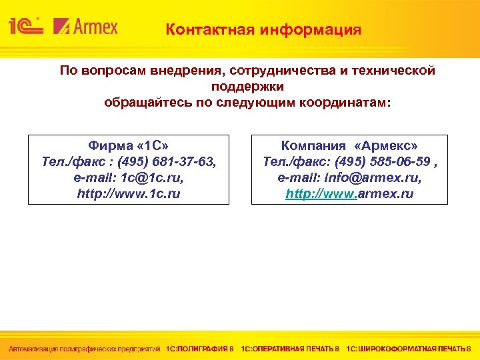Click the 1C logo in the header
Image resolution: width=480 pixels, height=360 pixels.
pyautogui.click(x=26, y=27)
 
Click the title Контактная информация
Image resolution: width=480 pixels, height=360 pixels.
pyautogui.click(x=263, y=30)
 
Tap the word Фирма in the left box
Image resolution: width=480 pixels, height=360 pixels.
pyautogui.click(x=107, y=145)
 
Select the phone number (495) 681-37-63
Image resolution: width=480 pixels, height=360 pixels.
pyautogui.click(x=169, y=161)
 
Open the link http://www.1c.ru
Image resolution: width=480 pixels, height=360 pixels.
pyautogui.click(x=129, y=194)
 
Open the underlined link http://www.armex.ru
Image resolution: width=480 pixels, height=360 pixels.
pyautogui.click(x=349, y=194)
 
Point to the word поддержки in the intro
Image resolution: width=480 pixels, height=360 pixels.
pyautogui.click(x=247, y=87)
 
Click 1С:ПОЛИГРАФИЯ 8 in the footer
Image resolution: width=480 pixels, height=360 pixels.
pyautogui.click(x=200, y=349)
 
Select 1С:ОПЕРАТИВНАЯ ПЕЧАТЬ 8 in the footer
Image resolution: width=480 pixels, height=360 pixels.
pyautogui.click(x=290, y=349)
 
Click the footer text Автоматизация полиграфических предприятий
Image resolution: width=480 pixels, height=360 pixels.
pyautogui.click(x=84, y=349)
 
